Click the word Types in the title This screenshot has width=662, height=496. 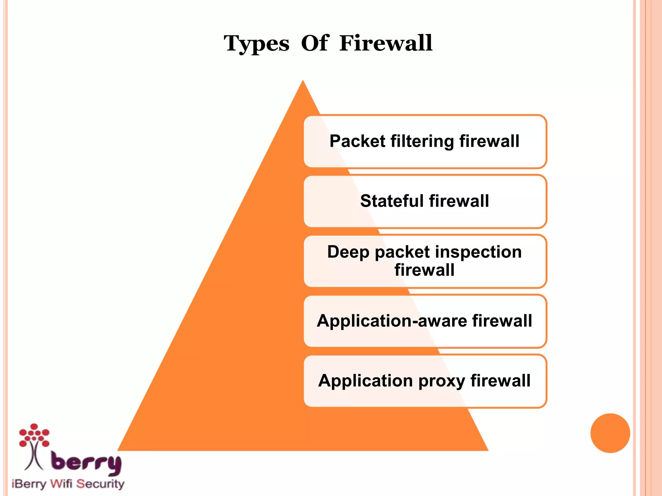click(257, 44)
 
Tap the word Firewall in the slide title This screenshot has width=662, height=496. click(386, 43)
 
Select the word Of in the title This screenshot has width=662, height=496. click(315, 43)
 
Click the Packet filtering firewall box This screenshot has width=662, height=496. click(425, 141)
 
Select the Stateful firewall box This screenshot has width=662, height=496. click(425, 201)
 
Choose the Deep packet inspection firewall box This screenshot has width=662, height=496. click(425, 261)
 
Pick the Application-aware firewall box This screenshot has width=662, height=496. click(425, 321)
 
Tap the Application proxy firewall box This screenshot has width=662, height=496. click(425, 381)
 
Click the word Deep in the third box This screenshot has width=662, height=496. click(348, 253)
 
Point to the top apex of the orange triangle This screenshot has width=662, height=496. click(303, 81)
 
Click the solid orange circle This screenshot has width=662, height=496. click(610, 433)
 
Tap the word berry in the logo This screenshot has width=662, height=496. click(86, 463)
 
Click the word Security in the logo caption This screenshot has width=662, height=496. click(100, 484)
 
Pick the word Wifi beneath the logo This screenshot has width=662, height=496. click(61, 484)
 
